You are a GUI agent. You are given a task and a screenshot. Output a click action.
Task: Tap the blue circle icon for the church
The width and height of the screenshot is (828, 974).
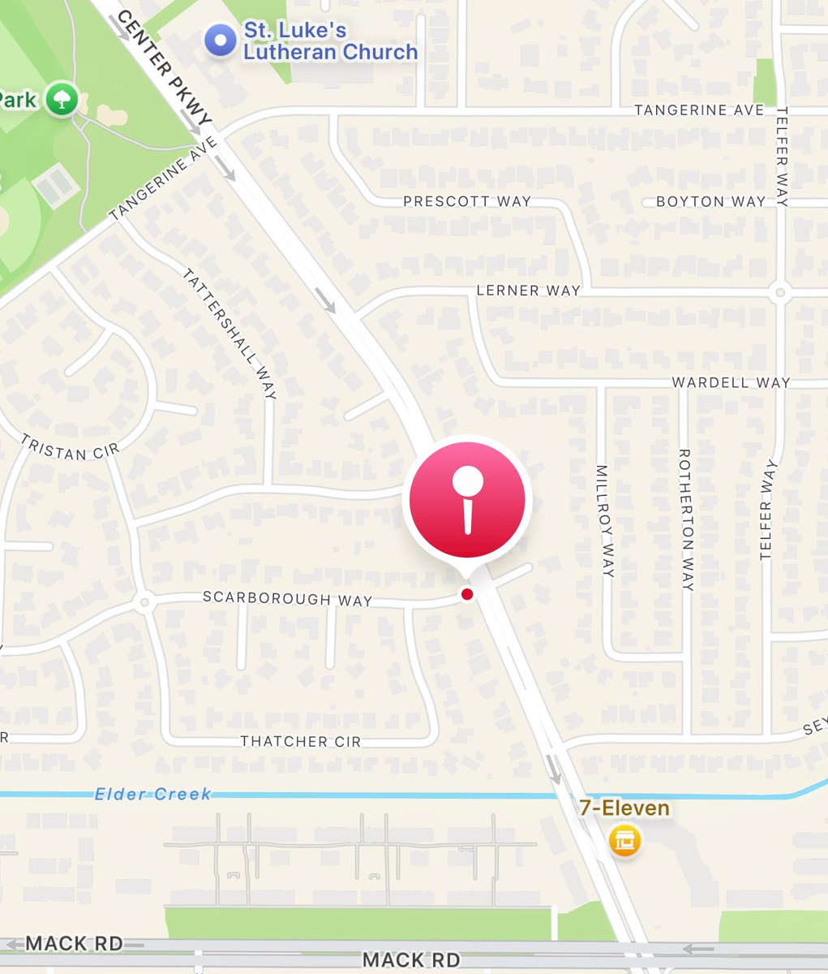point(220,41)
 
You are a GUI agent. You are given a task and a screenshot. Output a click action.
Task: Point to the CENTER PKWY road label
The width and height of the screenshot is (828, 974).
point(163,69)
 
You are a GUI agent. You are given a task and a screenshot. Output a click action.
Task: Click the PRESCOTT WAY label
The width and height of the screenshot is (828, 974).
point(467,200)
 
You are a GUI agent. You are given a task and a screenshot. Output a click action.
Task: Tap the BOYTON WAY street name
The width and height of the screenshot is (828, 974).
point(710,201)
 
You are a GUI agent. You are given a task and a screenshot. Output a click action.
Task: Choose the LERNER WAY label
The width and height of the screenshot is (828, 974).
point(528,290)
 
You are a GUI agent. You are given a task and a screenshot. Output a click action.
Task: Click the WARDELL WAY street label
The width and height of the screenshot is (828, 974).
point(730,382)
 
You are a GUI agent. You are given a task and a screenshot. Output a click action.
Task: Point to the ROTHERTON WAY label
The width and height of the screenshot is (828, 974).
point(685,519)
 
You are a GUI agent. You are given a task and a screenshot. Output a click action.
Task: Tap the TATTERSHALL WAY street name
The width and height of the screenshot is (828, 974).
point(230,334)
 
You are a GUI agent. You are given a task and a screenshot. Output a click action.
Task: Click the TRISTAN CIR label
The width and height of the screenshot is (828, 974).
point(70,447)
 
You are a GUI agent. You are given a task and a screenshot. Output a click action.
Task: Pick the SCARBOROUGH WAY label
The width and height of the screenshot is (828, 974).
point(287,599)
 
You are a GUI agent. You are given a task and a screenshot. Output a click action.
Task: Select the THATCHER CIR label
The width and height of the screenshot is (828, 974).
point(300,741)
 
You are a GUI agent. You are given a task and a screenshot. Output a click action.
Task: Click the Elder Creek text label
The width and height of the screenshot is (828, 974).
point(153,794)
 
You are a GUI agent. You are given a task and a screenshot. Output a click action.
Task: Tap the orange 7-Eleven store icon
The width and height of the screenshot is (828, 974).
point(624,840)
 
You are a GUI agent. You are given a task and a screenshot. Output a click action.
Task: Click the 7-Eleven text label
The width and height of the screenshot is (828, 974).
point(624,808)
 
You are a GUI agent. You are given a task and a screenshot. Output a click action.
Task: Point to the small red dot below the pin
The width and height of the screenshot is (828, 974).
point(467,595)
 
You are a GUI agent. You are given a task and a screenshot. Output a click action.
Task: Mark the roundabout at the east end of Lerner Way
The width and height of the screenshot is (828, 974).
point(779,291)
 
